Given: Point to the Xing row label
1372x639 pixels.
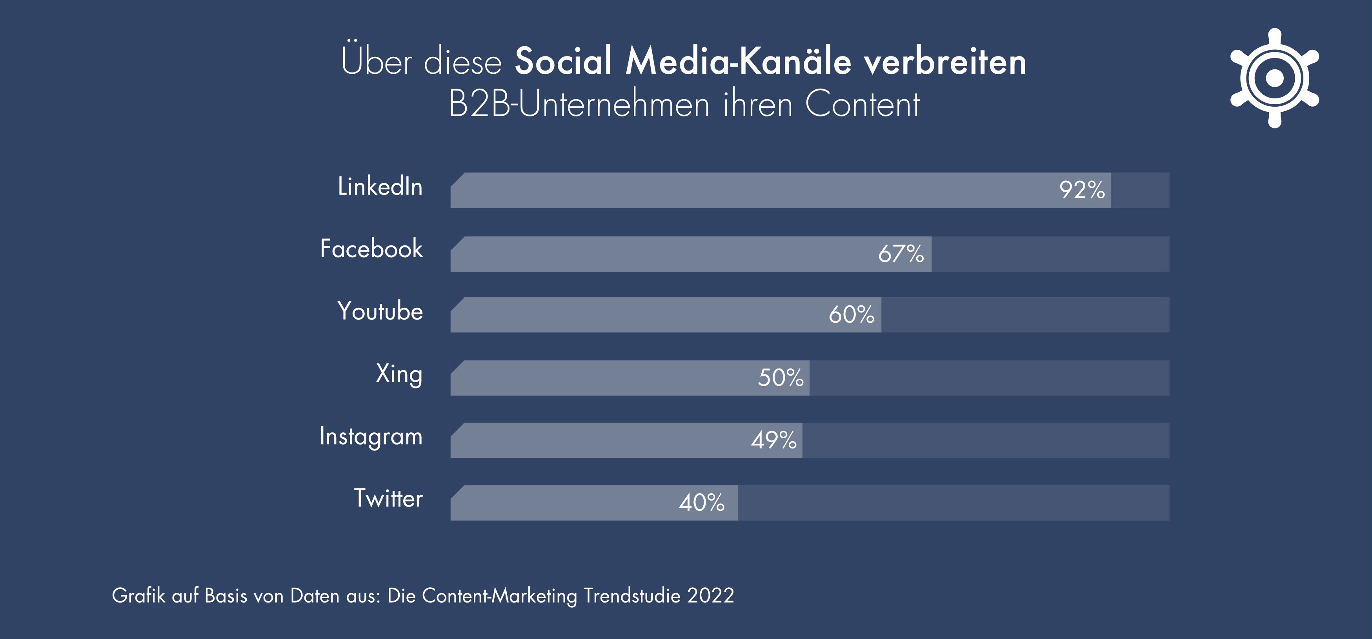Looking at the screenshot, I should (x=399, y=374).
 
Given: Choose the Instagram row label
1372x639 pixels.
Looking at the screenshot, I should (x=371, y=437).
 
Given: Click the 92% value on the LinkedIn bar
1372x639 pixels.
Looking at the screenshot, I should (x=1082, y=190).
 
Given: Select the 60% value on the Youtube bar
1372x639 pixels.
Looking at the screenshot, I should (x=851, y=315).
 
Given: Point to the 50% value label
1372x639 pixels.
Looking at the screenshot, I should (x=780, y=378).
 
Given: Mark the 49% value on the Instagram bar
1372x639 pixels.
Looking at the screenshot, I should (x=773, y=440).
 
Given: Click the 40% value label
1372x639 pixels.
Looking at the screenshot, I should (x=701, y=503).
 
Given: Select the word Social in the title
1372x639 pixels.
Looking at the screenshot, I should (x=564, y=61).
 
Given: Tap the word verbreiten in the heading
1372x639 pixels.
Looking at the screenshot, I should (x=945, y=61).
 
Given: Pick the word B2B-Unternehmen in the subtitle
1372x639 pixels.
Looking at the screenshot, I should (x=579, y=104).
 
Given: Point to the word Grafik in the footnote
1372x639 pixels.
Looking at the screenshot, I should (x=138, y=595).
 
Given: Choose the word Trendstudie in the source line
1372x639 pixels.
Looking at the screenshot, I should (x=631, y=595).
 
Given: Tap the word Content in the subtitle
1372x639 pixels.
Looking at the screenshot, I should (x=862, y=104).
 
